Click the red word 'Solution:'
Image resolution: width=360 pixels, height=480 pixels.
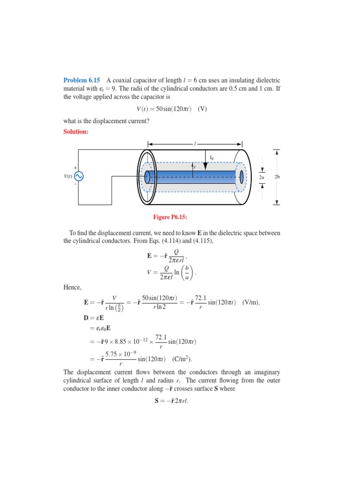75,132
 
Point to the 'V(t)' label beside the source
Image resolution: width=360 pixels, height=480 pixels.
67,176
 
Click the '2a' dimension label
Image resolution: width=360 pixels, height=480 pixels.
262,177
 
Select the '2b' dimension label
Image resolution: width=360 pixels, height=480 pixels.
277,177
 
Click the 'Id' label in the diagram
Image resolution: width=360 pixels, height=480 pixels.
211,158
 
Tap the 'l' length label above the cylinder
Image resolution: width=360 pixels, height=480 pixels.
195,141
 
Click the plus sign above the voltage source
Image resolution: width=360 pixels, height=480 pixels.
75,167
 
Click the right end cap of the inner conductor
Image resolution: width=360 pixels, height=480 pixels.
242,177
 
